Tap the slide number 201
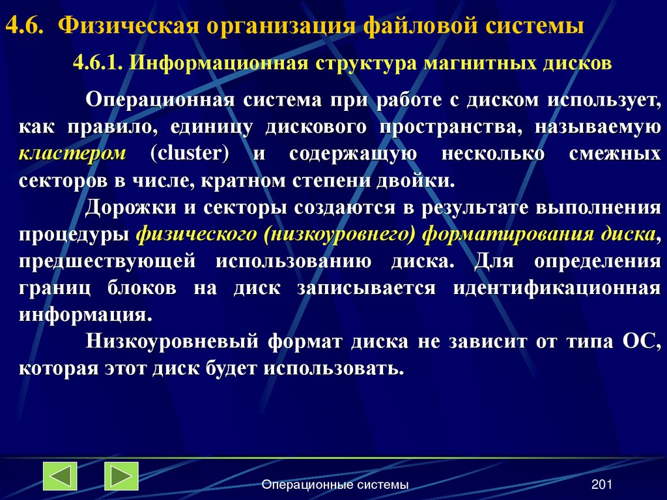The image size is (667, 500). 602,485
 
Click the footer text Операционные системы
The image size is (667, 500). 335,485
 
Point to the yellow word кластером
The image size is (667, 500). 72,154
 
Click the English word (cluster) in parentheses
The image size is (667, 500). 189,154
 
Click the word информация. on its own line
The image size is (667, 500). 85,315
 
